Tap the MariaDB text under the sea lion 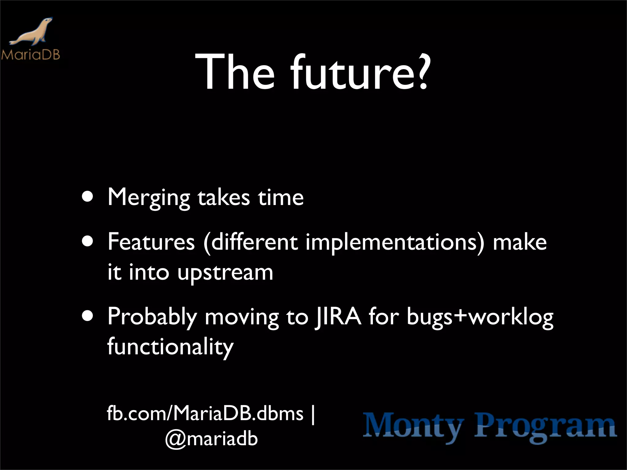click(30, 55)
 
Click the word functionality click(170, 347)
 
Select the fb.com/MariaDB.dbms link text click(205, 413)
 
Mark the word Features click(151, 242)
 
